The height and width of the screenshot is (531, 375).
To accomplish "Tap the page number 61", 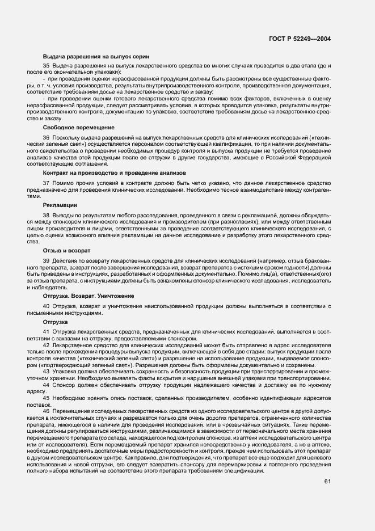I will coord(327,482).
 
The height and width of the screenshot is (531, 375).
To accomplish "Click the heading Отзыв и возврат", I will coord(66,250).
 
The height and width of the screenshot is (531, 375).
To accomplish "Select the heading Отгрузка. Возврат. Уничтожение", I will coord(89,296).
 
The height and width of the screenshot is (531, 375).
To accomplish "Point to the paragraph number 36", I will coord(47,138).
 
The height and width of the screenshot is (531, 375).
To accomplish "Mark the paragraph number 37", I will coord(47,183).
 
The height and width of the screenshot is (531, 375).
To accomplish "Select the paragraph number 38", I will coord(47,216).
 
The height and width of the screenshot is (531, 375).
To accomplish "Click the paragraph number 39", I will coord(47,260).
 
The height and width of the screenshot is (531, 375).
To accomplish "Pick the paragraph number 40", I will coord(47,306).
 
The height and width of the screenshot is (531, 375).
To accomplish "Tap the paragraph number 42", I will coord(47,344).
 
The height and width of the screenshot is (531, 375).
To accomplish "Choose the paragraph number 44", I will coord(47,384).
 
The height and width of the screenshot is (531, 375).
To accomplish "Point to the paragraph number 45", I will coord(47,398).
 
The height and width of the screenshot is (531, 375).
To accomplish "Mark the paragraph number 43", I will coord(47,371).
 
